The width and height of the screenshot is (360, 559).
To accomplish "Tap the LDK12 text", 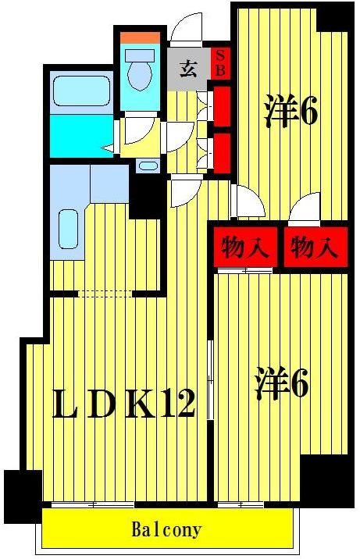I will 123,404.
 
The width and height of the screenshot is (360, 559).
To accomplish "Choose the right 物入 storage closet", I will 314,248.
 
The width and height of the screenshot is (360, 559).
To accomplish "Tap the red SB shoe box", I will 221,62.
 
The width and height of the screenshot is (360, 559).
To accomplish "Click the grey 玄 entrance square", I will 189,66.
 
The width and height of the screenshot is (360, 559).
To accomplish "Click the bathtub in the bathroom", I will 80,91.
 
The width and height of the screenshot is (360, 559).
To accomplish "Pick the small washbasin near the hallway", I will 146,166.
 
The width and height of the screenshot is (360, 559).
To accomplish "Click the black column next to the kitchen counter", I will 144,195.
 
